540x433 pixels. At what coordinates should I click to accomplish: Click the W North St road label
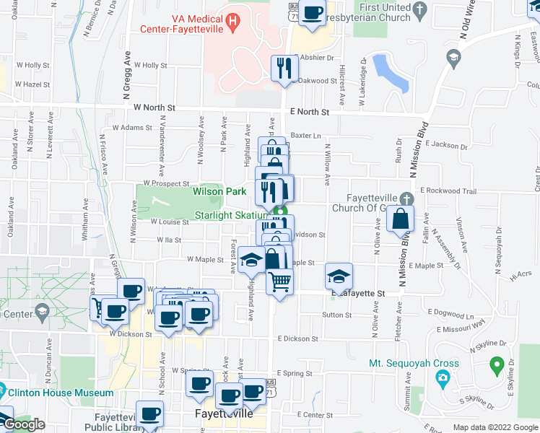click(x=154, y=108)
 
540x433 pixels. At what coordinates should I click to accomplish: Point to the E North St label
click(x=309, y=113)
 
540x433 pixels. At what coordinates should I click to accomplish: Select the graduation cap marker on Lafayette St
click(x=338, y=276)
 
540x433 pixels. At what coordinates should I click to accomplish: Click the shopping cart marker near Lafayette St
click(x=280, y=281)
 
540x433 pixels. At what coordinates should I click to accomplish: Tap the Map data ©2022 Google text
click(x=494, y=427)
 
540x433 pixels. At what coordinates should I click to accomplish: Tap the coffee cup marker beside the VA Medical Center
click(x=311, y=15)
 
